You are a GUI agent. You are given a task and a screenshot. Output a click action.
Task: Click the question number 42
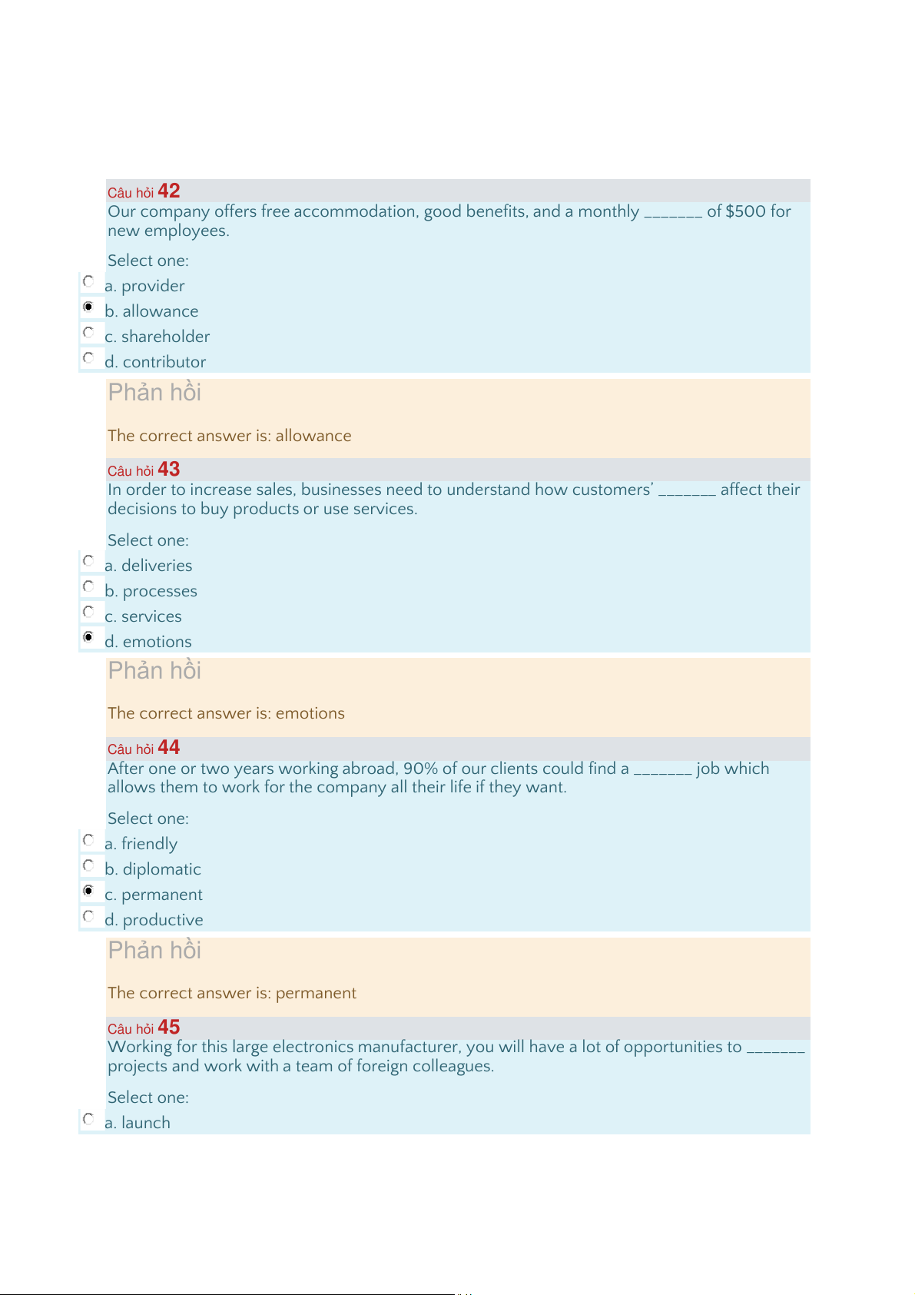[x=168, y=191]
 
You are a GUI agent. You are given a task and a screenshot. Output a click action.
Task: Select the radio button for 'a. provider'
[x=88, y=281]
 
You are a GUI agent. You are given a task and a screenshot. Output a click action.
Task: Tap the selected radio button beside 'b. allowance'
[x=88, y=307]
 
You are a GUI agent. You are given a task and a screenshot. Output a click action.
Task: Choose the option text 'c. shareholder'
[x=157, y=337]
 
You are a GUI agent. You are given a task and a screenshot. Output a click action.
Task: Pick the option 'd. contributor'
[x=155, y=362]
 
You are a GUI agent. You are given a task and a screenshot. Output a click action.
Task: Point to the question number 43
[x=168, y=469]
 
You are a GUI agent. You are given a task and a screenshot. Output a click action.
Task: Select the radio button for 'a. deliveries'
[x=88, y=561]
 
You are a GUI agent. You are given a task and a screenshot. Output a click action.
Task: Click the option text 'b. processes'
[x=151, y=591]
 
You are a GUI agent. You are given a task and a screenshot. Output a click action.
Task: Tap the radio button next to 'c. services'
[x=88, y=612]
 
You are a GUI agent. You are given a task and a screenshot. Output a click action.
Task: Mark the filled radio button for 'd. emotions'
[x=88, y=637]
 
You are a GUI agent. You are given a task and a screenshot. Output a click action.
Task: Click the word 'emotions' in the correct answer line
[x=310, y=713]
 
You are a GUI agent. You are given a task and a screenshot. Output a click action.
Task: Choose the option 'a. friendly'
[x=141, y=844]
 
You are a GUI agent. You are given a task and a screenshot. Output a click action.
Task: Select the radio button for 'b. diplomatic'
[x=88, y=865]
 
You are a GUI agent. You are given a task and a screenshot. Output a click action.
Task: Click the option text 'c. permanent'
[x=154, y=895]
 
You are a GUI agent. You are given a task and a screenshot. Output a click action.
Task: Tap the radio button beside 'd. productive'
[x=88, y=916]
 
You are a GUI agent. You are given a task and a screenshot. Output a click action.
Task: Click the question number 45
[x=168, y=1027]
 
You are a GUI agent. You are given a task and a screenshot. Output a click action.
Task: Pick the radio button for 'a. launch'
[x=88, y=1119]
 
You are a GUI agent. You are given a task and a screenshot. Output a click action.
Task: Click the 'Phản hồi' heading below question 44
[x=154, y=950]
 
